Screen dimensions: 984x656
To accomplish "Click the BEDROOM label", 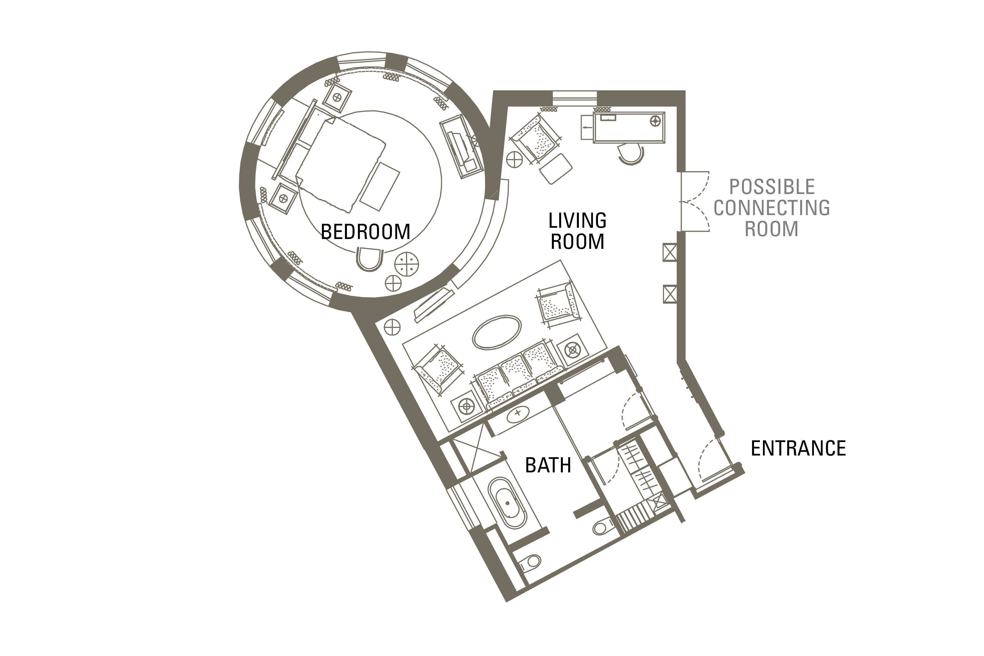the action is pos(365,232).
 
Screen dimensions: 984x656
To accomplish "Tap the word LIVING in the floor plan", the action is pos(577,220).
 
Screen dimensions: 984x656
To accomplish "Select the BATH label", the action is pos(548,465).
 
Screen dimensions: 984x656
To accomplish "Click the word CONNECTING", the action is pos(771,208).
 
